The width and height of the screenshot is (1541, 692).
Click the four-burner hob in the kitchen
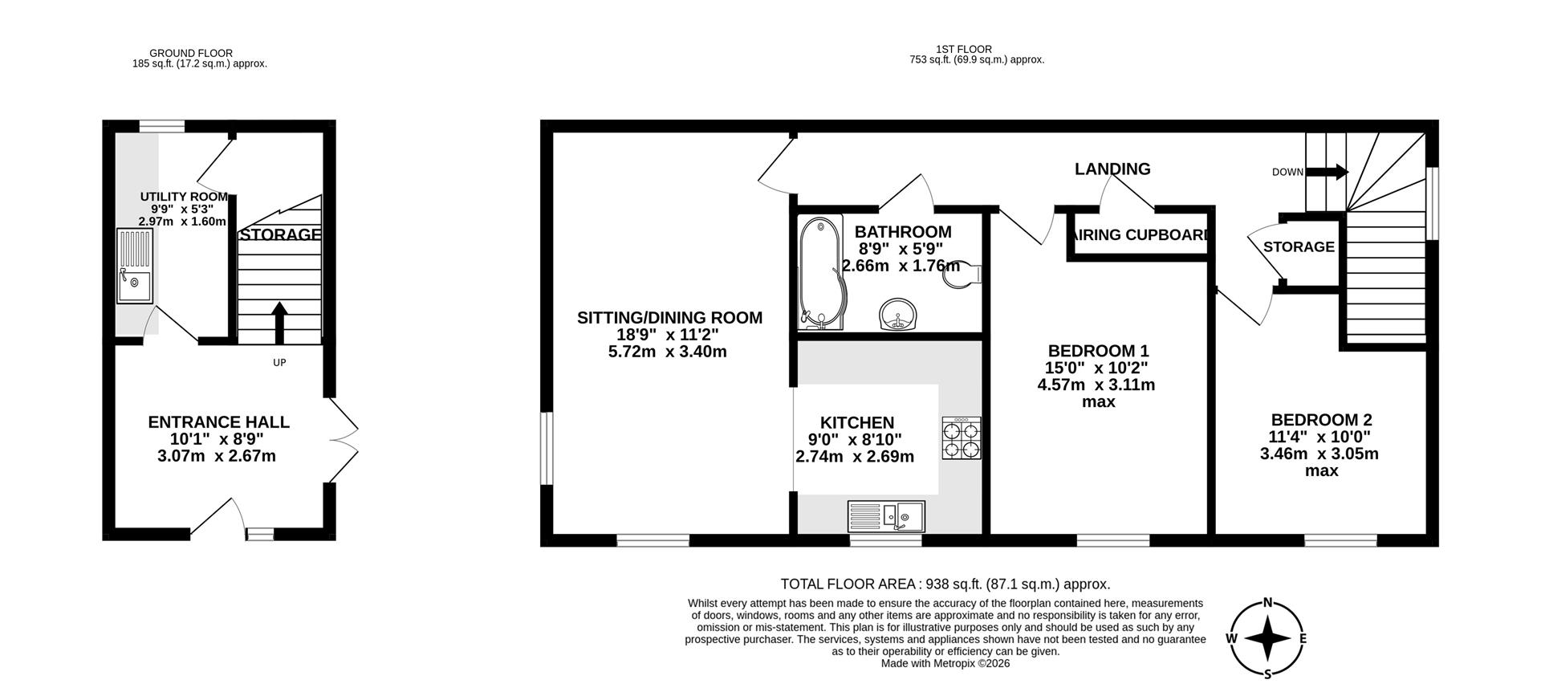962,438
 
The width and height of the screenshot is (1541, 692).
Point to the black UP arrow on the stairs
279,322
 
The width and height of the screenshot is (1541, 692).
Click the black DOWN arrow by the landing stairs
1328,172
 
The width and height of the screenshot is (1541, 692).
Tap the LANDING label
1112,169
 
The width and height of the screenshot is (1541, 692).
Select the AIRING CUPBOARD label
1140,235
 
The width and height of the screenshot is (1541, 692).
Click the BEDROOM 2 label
1321,420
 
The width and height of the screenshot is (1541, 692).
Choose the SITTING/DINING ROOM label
669,317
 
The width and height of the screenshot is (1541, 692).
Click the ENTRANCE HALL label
218,422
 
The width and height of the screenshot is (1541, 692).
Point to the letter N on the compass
1268,603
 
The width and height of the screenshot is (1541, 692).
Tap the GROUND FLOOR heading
191,53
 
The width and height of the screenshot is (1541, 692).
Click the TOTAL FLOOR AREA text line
945,584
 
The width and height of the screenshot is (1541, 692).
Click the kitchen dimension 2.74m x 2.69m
855,457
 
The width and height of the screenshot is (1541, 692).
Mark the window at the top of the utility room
161,125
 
